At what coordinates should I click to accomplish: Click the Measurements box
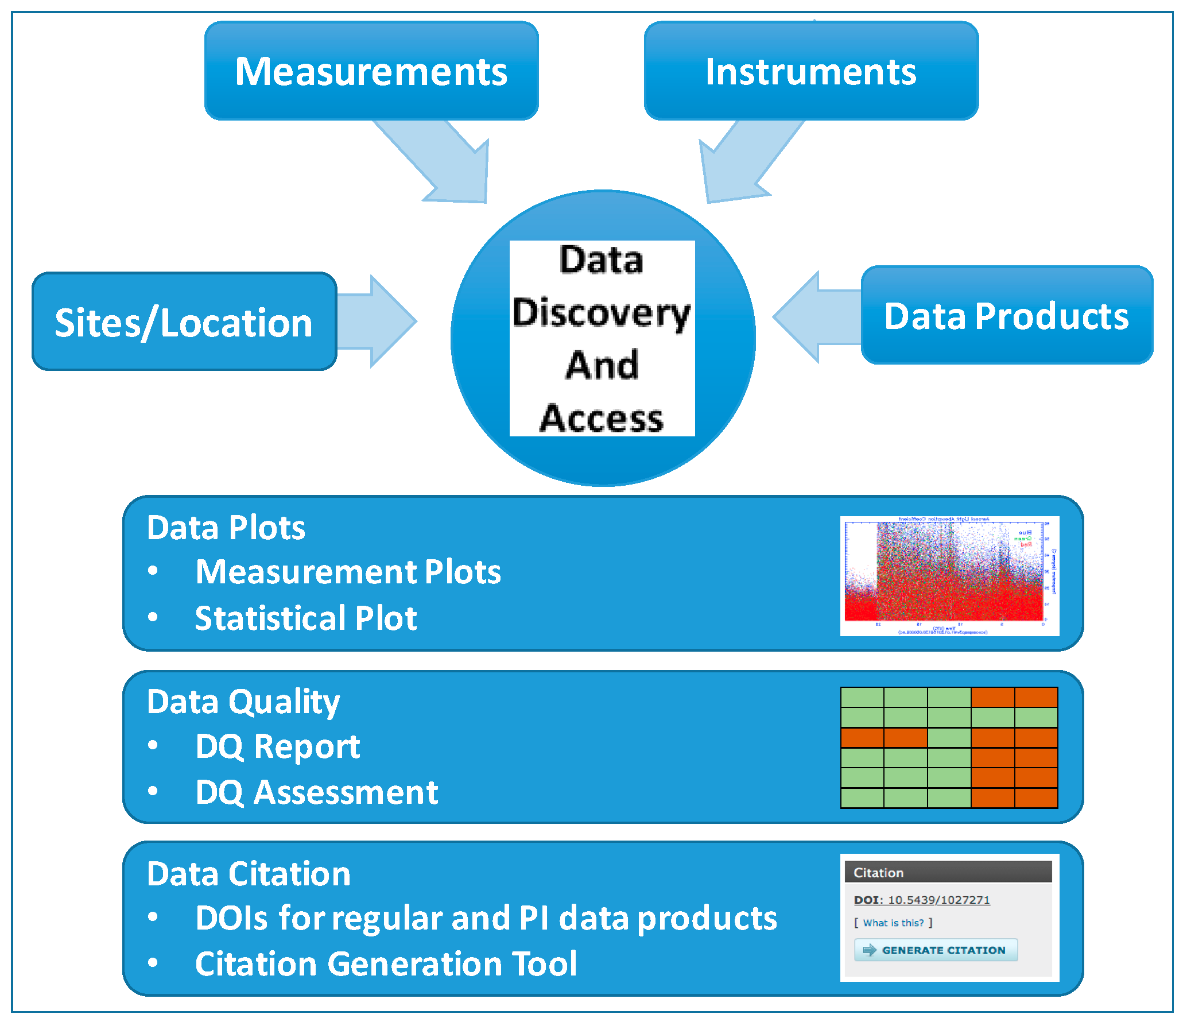click(371, 71)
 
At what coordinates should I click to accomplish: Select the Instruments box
click(811, 71)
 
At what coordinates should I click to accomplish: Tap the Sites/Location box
click(184, 322)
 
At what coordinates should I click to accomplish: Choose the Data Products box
click(1007, 315)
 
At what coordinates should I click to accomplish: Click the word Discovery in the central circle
click(602, 313)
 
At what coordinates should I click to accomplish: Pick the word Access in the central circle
click(602, 418)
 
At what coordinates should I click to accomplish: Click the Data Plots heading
click(226, 527)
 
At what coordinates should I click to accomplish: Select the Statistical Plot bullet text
click(306, 618)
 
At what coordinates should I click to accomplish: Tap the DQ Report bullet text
click(278, 746)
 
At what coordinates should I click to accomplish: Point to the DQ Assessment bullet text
click(317, 792)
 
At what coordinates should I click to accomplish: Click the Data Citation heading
click(249, 873)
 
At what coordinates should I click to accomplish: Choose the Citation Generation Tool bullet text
click(386, 963)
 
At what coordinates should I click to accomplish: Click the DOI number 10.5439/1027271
click(938, 900)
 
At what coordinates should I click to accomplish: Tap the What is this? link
click(893, 923)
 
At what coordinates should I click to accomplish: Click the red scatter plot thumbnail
click(949, 576)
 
